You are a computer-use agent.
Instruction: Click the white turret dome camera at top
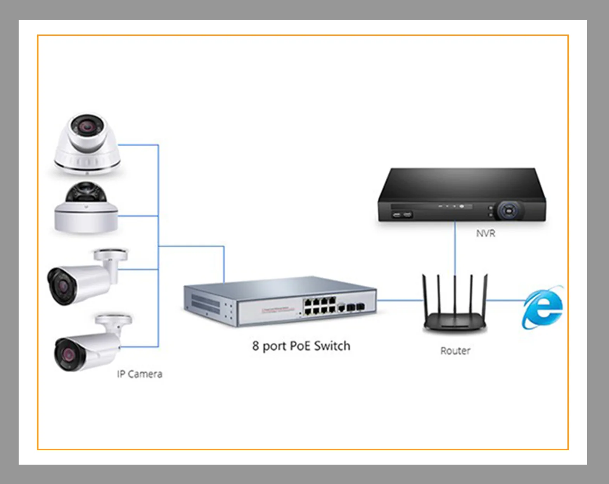87,143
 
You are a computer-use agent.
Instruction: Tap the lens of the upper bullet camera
61,286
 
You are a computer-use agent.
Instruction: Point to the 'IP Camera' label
139,374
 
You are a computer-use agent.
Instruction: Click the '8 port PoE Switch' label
301,346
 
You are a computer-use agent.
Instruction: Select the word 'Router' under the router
455,351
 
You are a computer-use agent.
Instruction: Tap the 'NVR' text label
486,233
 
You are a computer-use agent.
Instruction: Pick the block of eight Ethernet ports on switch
320,306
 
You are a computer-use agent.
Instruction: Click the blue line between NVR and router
455,248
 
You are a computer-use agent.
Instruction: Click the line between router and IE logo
504,300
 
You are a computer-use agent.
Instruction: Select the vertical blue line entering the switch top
224,264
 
